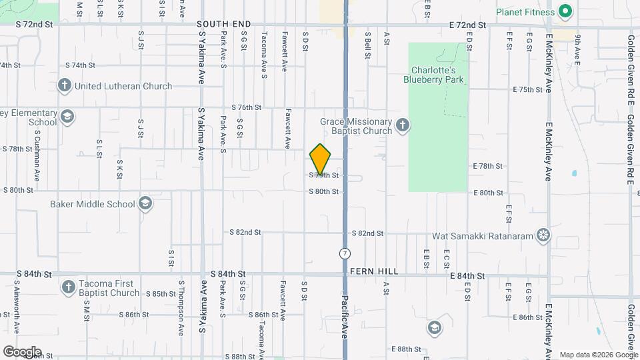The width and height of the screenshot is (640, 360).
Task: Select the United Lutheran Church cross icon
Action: (65, 85)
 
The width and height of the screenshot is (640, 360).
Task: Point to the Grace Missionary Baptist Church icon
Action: (402, 125)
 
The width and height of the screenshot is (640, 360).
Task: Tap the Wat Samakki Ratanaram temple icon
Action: (544, 235)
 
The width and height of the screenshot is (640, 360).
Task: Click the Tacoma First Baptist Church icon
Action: (67, 287)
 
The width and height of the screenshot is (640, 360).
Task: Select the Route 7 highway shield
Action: (345, 253)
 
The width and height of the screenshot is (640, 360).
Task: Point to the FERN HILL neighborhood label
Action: (374, 272)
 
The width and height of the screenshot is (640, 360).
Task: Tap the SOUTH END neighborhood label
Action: (224, 24)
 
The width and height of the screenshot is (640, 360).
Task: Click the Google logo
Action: (22, 351)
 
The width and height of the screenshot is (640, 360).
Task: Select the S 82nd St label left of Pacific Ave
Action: (245, 233)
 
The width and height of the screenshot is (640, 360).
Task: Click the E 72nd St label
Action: (467, 25)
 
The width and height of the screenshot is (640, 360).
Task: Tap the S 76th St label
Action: (246, 107)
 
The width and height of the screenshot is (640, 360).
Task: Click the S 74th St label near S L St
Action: (81, 65)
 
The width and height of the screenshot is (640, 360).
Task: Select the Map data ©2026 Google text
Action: (597, 355)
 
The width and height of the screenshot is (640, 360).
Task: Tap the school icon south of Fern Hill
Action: (434, 327)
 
